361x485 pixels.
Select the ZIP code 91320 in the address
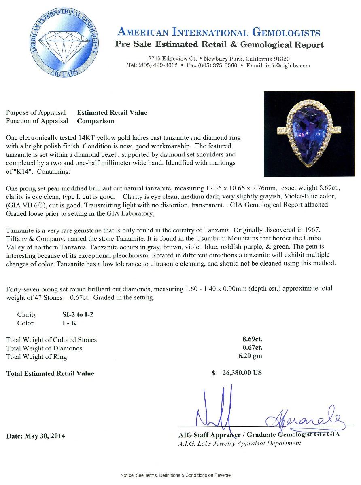click(280, 59)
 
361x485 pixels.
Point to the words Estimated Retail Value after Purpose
click(112, 113)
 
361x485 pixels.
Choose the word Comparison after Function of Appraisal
click(96, 121)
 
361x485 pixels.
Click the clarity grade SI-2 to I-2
click(75, 315)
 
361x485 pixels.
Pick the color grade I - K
click(66, 323)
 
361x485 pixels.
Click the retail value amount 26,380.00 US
click(242, 373)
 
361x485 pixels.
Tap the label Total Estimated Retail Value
click(50, 373)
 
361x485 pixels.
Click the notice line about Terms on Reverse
click(175, 475)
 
